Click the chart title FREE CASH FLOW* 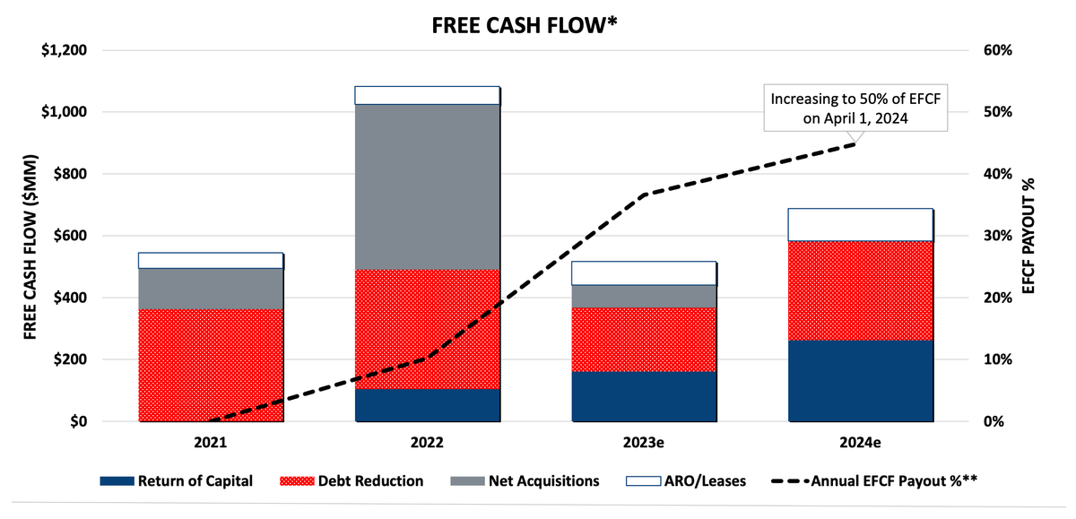(x=521, y=25)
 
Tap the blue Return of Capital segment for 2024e (x=860, y=381)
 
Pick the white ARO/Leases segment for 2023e (x=644, y=273)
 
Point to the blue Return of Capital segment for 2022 (x=427, y=405)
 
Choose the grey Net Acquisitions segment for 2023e (x=644, y=297)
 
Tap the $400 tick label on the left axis (x=68, y=298)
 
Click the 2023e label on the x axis (x=644, y=443)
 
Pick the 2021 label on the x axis (x=211, y=443)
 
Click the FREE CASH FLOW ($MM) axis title (x=30, y=236)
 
